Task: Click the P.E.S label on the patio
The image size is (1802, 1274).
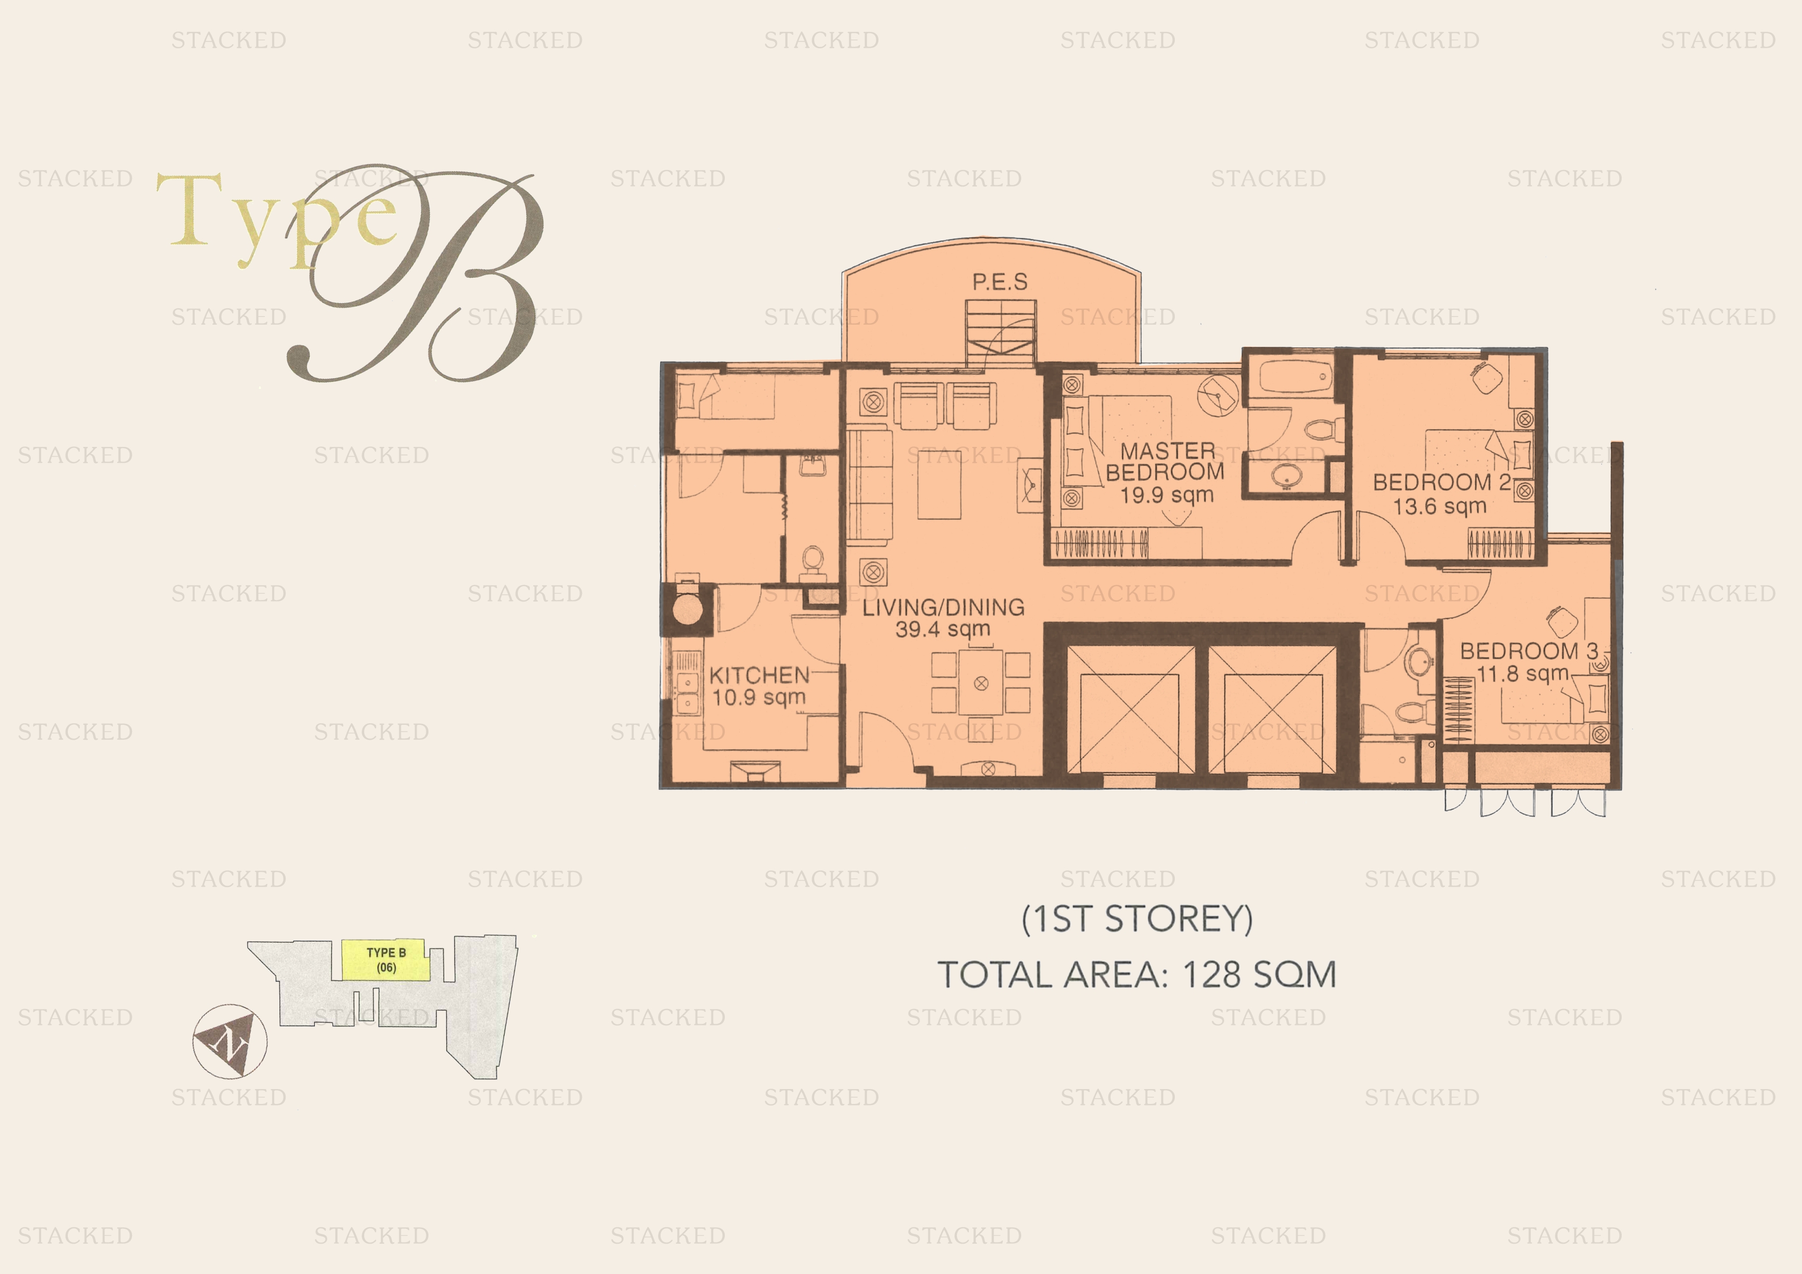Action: point(1000,282)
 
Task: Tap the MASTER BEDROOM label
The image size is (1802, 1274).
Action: point(1166,461)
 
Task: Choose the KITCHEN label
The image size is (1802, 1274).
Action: point(759,675)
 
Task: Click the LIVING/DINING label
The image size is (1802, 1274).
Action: point(944,607)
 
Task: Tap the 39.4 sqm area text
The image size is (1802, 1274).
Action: point(944,629)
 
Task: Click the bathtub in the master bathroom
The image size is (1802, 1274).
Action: point(1292,377)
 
